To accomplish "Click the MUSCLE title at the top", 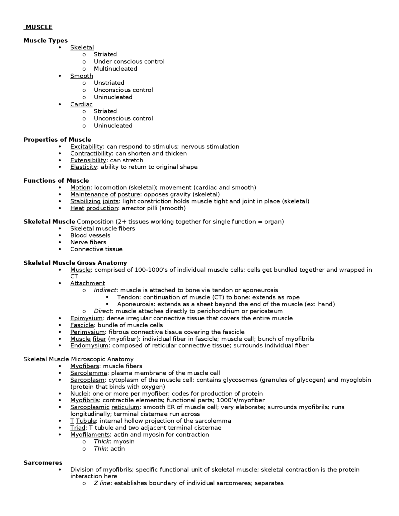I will [x=39, y=27].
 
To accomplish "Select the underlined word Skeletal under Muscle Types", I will [x=82, y=47].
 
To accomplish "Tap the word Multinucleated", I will [x=115, y=69].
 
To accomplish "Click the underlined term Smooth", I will [x=82, y=76].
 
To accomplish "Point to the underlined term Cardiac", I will [x=81, y=104].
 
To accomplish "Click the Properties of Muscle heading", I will [x=57, y=140].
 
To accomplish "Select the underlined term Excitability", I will [x=86, y=146].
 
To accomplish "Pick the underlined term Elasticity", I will [x=84, y=167].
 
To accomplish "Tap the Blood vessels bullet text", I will [x=90, y=235].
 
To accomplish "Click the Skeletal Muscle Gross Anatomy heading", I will [x=75, y=263].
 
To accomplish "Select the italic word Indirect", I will [x=105, y=290].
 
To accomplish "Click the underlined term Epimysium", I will [x=86, y=318].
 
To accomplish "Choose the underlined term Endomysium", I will [x=89, y=345].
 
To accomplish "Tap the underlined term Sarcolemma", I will [x=89, y=373].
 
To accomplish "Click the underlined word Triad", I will [x=78, y=428].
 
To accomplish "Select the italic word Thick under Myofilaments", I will [x=102, y=442].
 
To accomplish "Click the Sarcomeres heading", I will [x=43, y=463].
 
